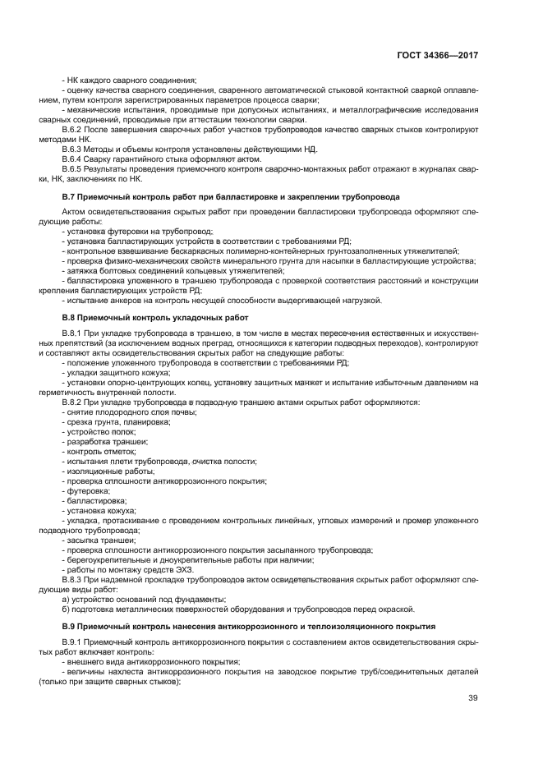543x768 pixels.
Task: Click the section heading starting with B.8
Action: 155,316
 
